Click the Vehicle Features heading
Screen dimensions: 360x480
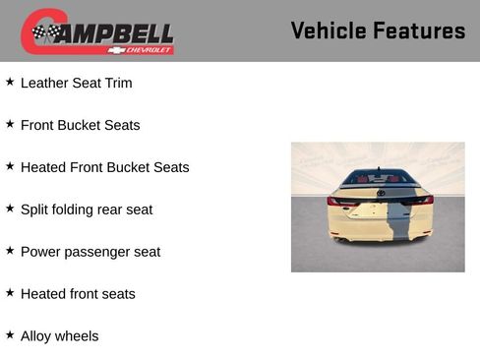378,30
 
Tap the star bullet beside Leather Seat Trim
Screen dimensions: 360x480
10,82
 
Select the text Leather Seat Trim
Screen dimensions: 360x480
76,84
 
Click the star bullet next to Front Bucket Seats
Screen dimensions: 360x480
10,124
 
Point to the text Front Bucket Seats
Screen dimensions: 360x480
80,126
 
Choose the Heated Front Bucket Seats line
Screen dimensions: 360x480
104,168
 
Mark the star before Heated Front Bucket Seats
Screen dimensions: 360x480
10,166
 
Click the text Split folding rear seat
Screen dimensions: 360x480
87,210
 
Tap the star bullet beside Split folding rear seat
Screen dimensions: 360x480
10,209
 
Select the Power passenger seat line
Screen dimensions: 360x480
90,252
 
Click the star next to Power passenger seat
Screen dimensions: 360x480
10,251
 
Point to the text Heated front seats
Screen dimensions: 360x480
78,294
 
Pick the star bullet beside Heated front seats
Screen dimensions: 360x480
10,293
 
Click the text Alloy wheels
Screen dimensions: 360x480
59,336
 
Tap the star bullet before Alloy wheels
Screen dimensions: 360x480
10,335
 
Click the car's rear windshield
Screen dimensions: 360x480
379,178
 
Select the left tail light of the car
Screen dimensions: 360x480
340,201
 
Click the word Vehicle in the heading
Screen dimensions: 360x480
330,30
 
